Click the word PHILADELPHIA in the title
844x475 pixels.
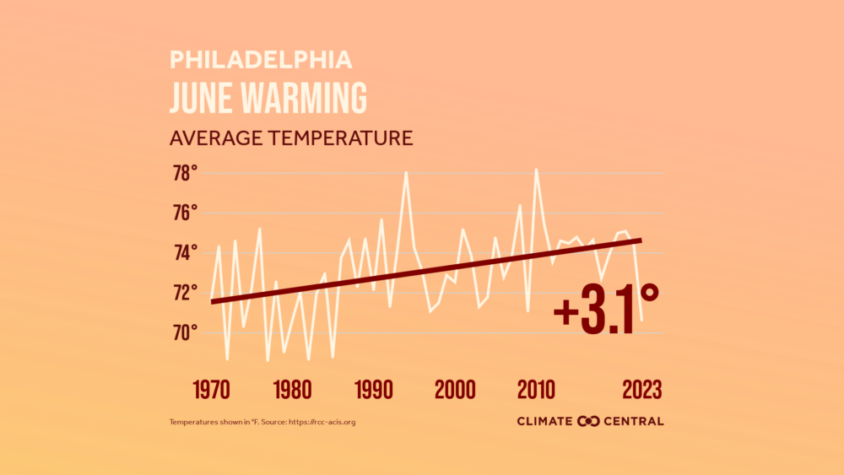coord(261,59)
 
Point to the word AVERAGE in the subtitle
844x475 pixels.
coord(214,138)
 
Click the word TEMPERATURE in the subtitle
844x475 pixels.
coord(338,138)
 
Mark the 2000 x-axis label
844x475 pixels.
coord(455,390)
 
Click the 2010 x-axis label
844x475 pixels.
coord(536,390)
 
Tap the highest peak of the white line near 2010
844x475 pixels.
coord(536,170)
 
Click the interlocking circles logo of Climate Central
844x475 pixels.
coord(588,421)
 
